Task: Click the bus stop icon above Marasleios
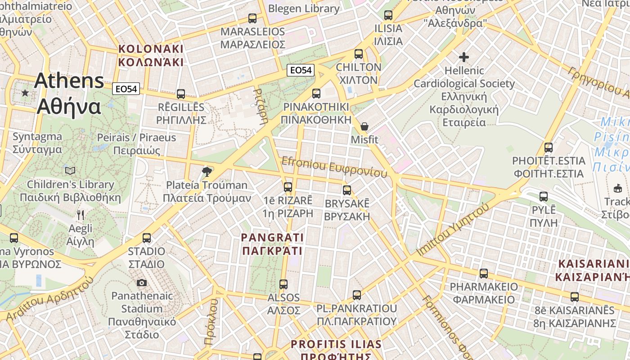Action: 252,18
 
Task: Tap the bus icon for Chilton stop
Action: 359,54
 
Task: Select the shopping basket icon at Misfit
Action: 364,126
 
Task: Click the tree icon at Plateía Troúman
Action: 207,171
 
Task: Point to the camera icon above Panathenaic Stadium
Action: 142,283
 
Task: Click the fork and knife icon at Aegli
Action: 81,215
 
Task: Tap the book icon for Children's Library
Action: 70,171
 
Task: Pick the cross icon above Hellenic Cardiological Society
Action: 464,57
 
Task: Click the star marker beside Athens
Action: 25,93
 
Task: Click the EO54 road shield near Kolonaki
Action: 126,89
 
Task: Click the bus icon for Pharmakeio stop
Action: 484,274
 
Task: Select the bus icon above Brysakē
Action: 346,190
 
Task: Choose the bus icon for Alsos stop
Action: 283,284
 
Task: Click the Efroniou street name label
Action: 334,167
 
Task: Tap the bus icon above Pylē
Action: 544,197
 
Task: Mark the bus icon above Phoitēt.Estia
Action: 549,148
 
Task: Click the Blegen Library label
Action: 304,9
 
